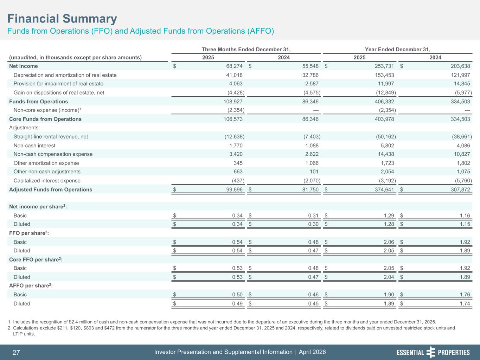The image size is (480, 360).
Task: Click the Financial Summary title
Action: pos(62,19)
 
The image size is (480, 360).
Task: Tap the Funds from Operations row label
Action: pos(38,102)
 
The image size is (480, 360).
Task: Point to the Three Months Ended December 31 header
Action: pos(246,50)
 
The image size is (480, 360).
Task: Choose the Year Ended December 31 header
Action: pos(397,50)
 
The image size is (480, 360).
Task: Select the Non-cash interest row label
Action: pos(34,146)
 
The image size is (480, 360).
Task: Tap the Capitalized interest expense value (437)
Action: pos(236,181)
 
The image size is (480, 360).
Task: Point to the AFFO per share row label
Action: pos(31,286)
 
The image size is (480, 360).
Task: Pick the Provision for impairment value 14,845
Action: pos(461,84)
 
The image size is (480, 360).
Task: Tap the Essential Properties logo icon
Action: pos(430,352)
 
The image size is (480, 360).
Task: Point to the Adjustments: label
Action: pos(24,128)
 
